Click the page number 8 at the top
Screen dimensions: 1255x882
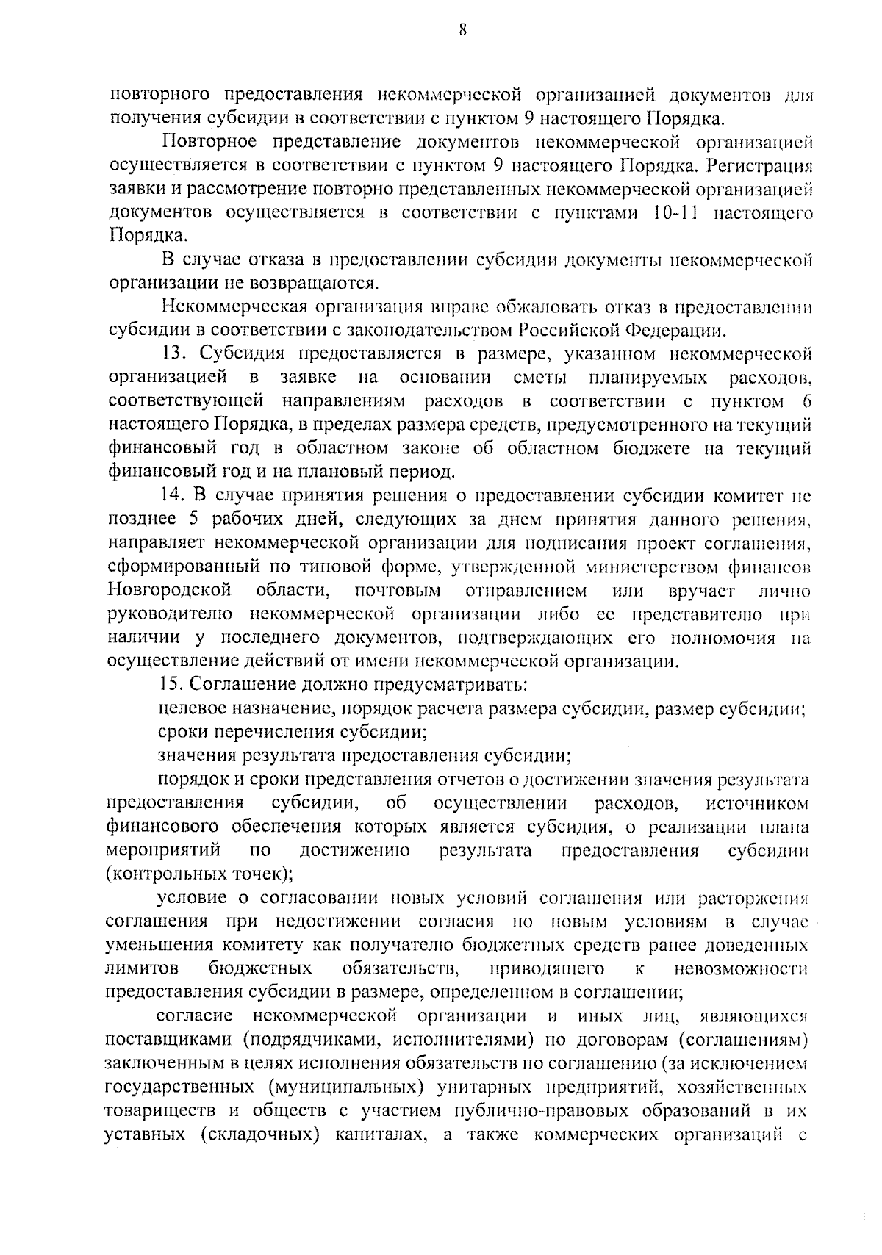pyautogui.click(x=462, y=30)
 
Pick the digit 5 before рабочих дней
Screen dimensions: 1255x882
pyautogui.click(x=194, y=519)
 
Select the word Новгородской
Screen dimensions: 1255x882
pyautogui.click(x=170, y=590)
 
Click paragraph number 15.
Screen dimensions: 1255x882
pyautogui.click(x=173, y=684)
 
